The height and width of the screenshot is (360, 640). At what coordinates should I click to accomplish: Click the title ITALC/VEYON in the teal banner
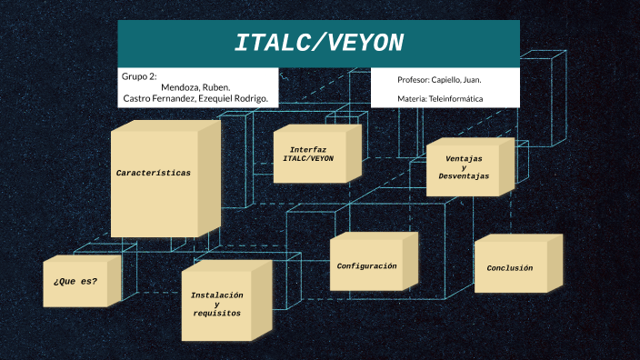318,43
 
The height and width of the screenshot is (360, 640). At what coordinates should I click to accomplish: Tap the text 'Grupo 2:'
139,75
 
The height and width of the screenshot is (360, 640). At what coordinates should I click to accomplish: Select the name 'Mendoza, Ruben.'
195,87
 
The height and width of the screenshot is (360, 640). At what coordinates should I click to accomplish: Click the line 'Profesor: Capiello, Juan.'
439,80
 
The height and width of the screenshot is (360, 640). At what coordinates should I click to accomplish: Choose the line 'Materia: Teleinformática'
440,98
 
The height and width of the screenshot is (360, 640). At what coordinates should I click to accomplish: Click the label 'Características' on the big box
154,173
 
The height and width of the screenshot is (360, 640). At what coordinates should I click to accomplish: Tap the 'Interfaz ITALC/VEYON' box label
308,154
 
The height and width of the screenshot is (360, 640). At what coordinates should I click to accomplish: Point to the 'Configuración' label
366,266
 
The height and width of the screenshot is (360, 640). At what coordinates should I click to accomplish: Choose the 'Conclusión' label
510,268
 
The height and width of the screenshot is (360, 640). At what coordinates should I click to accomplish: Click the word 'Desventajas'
464,176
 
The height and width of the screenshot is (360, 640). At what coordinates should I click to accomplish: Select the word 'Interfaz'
308,149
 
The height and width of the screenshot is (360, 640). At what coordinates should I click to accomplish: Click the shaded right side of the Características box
209,182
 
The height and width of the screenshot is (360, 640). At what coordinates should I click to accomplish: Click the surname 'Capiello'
451,80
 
